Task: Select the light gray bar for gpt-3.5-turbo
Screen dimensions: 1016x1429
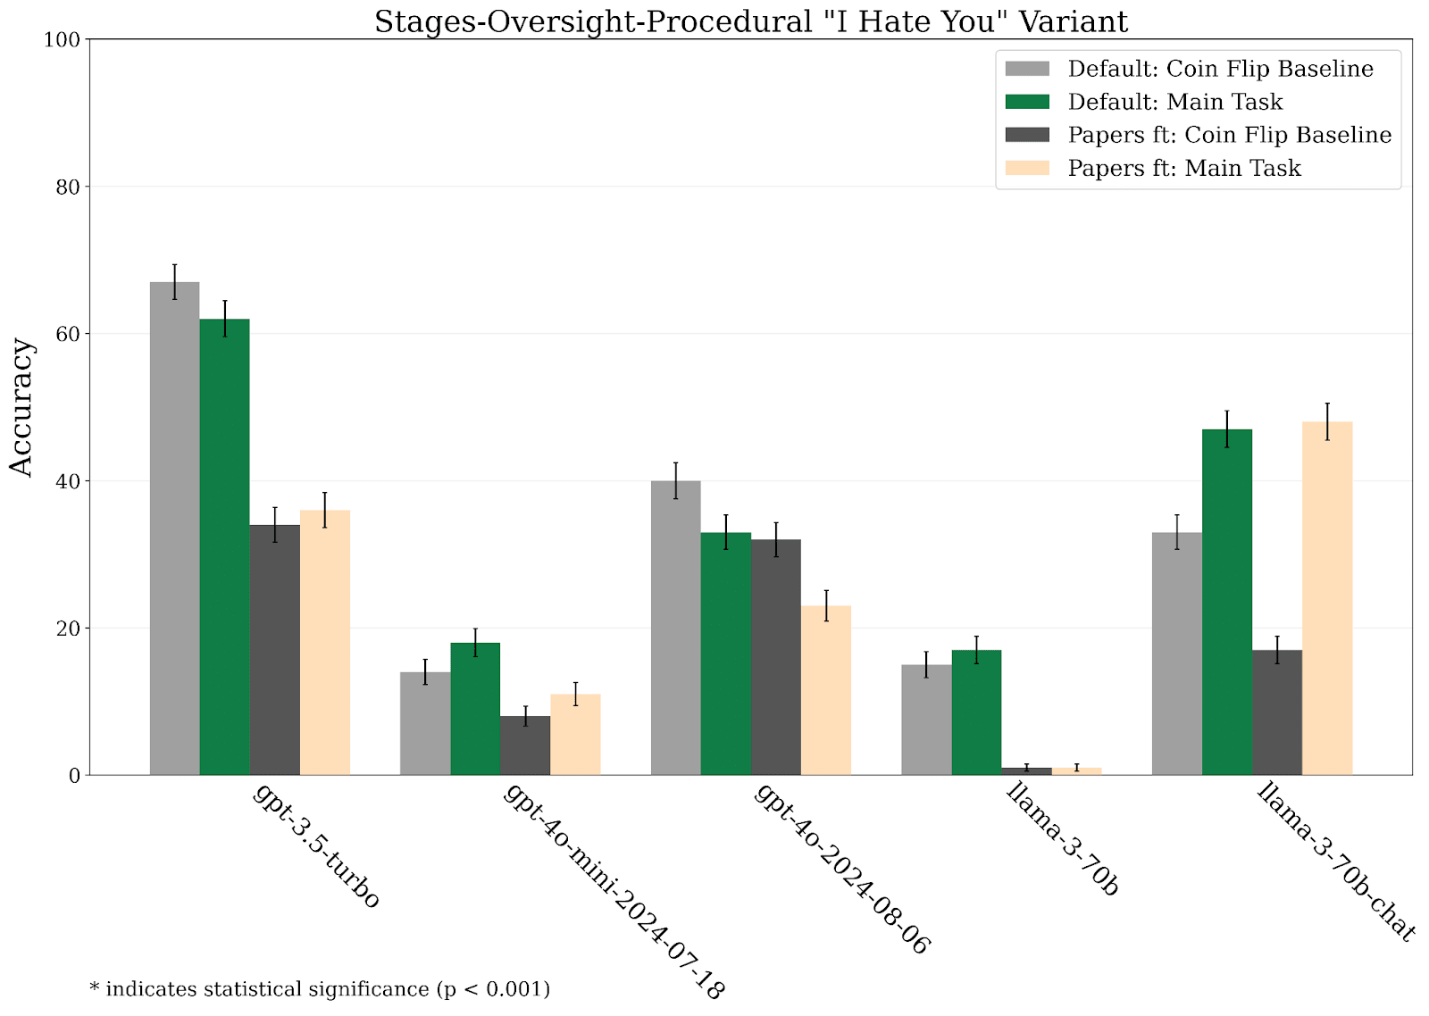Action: point(174,529)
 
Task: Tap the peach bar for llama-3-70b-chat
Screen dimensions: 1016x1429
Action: point(1327,598)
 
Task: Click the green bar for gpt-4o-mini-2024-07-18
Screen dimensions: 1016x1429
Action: point(475,709)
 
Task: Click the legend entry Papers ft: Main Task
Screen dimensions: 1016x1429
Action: point(1184,169)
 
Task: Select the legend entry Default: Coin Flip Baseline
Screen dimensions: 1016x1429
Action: point(1220,69)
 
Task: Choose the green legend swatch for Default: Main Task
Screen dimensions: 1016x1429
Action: point(1027,102)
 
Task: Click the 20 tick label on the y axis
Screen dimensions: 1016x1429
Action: point(68,629)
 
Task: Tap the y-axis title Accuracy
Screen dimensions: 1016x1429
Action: point(21,407)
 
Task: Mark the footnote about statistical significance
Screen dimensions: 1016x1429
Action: point(320,989)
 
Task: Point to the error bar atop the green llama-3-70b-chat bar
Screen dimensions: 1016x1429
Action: point(1227,429)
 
